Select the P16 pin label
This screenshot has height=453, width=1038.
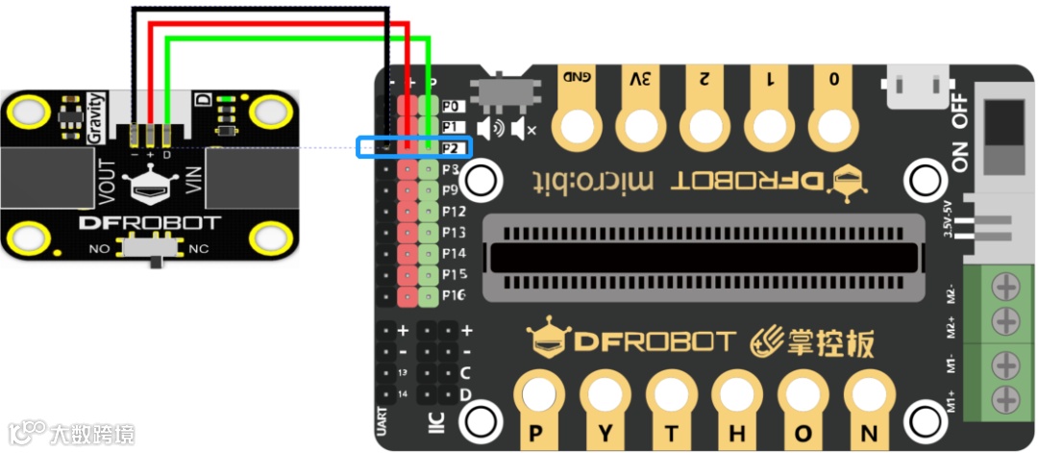coord(455,295)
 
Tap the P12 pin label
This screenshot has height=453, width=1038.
coord(455,211)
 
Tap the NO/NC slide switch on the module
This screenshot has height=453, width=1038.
coord(157,248)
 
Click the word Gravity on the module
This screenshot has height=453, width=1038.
coord(94,117)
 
